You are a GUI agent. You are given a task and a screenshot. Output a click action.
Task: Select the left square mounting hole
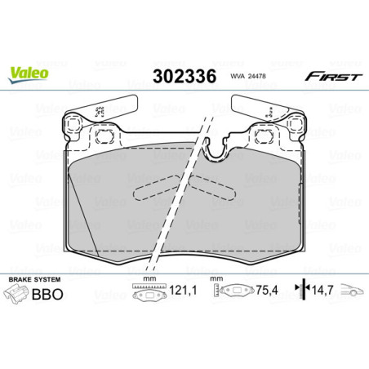click(103, 136)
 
